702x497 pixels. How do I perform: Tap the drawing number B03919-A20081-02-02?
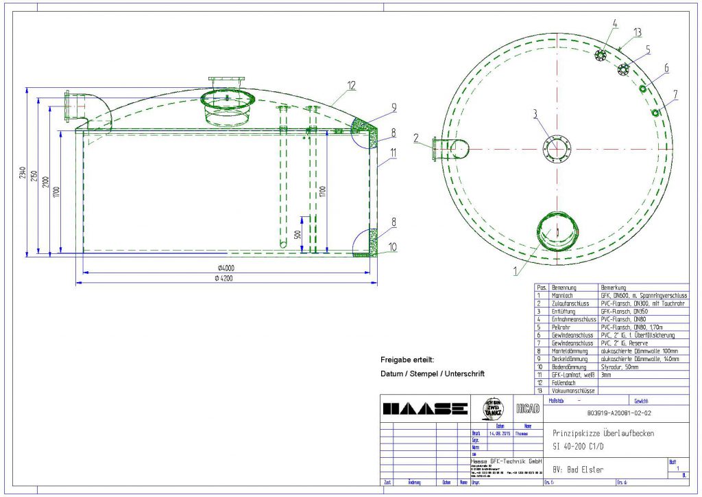coord(614,414)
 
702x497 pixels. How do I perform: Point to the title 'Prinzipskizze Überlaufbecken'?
coord(603,433)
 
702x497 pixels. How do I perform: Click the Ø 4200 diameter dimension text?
coord(226,279)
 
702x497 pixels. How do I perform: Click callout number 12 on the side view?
coord(351,86)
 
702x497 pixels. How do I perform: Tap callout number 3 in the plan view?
coord(537,113)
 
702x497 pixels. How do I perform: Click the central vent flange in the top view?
coord(555,148)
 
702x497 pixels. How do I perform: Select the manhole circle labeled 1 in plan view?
coord(557,231)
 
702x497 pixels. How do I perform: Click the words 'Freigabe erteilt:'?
coord(407,360)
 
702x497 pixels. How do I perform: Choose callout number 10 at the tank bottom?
coord(391,246)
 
